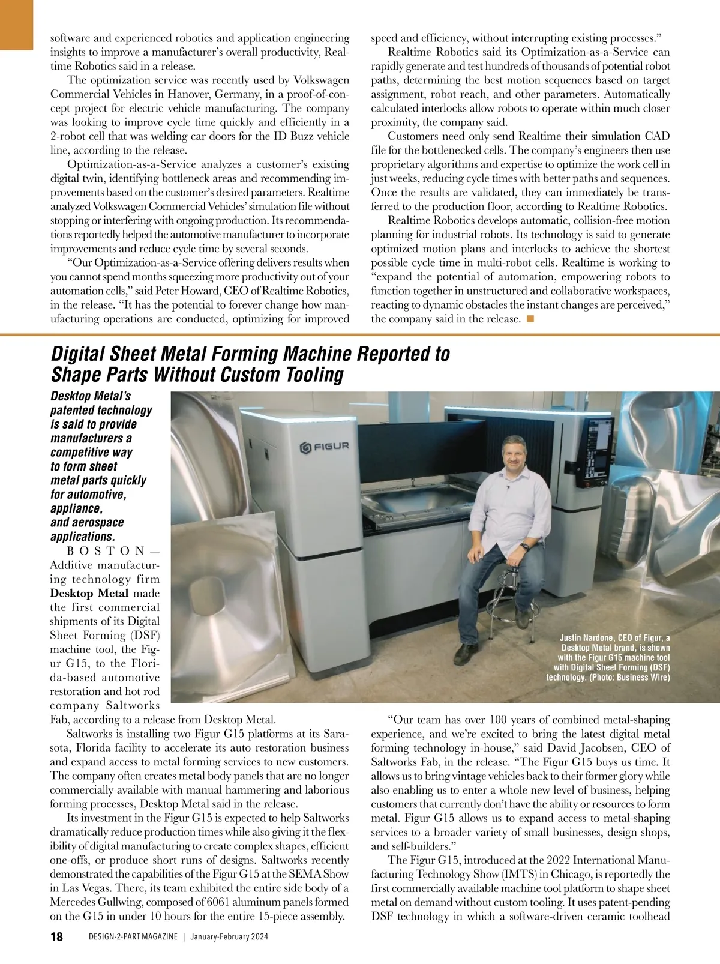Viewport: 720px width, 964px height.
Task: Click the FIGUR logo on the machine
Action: tap(324, 447)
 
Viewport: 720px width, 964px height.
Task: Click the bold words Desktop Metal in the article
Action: tap(89, 594)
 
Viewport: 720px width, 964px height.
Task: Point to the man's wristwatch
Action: tap(524, 546)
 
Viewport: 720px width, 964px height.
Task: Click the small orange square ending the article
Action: tap(530, 318)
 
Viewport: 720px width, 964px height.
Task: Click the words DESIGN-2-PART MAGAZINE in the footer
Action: tap(133, 938)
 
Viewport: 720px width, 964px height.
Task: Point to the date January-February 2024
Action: tap(229, 938)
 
